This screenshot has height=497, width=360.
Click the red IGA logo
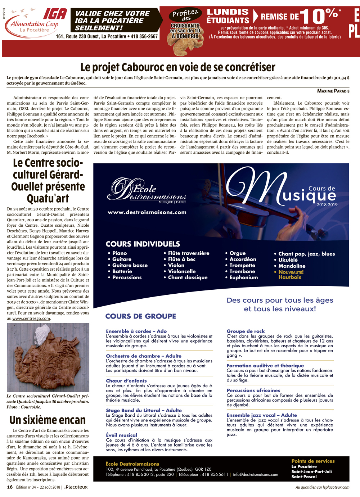[x=55, y=14]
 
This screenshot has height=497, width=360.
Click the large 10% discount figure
[x=319, y=16]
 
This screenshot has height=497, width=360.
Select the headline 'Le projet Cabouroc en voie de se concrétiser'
[x=178, y=67]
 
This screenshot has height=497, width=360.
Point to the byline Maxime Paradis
[x=333, y=91]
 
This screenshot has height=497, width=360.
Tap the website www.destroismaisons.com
[x=147, y=212]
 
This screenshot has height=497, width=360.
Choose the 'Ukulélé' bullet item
[x=288, y=260]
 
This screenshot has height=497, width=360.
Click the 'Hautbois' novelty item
[x=289, y=277]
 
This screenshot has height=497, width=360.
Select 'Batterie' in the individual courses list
[x=122, y=271]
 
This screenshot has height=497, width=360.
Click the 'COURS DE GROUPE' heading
[x=141, y=316]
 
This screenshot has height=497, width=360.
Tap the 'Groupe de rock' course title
[x=246, y=331]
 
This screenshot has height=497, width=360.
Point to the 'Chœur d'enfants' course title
[x=126, y=381]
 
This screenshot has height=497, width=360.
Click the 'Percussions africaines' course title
[x=253, y=390]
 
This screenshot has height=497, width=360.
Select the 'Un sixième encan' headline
[x=48, y=420]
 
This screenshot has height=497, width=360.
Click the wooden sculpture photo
[x=48, y=357]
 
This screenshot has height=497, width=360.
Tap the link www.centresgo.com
[x=31, y=318]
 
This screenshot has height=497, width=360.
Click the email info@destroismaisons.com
[x=255, y=474]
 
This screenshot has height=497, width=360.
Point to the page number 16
[x=10, y=487]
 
